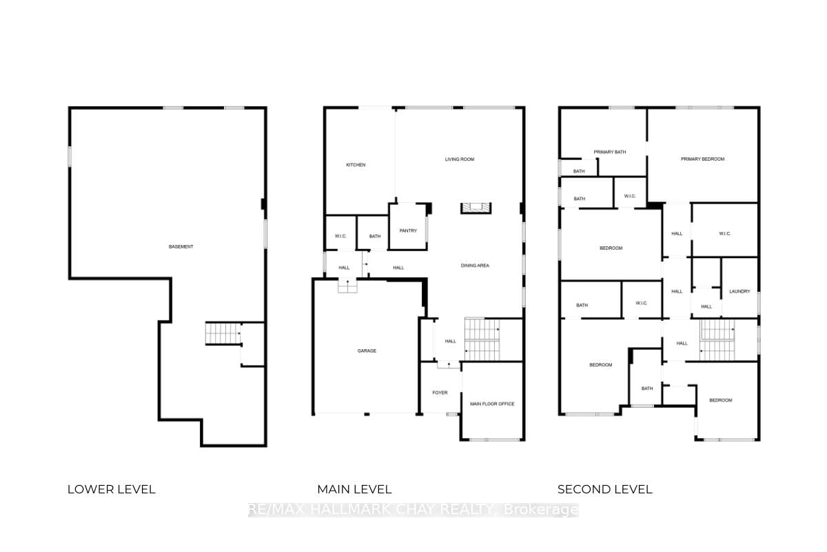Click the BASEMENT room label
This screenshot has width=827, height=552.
pos(181,247)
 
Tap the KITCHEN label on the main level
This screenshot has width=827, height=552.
pos(356,165)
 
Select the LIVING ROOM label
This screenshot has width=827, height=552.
pos(459,159)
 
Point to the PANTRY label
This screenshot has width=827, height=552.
pos(408,230)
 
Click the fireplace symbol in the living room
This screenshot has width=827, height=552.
pos(475,208)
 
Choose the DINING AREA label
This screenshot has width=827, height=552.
pos(475,265)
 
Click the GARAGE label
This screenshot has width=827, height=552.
pos(367,351)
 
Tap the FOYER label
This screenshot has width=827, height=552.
pos(440,393)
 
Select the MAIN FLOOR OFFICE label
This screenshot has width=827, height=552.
pos(492,404)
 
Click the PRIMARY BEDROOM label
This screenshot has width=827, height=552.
pos(702,159)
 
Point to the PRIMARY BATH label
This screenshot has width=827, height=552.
pos(610,152)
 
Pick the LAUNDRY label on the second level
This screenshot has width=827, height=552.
pos(739,291)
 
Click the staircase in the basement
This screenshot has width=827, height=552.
pos(222,334)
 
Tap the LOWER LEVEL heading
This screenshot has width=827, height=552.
pos(112,489)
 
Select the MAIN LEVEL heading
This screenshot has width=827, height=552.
pos(354,489)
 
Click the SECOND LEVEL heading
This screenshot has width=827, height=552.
pos(605,489)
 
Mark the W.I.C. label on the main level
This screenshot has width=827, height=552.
pos(340,237)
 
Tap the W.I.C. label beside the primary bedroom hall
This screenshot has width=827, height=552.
pos(724,233)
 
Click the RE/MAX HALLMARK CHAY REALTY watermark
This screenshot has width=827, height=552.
pos(413,510)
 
